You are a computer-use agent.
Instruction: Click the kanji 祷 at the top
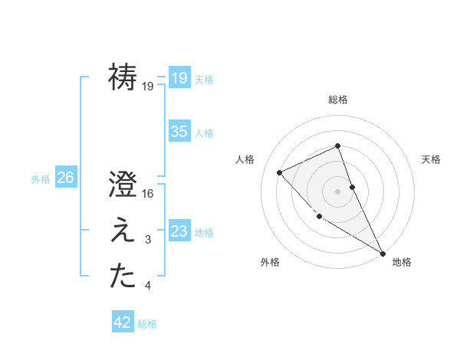pyautogui.click(x=123, y=77)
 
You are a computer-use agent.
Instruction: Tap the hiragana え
pyautogui.click(x=123, y=231)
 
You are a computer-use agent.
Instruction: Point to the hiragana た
pyautogui.click(x=123, y=277)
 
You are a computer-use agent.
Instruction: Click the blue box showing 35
pyautogui.click(x=179, y=132)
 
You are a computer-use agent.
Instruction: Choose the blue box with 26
pyautogui.click(x=65, y=178)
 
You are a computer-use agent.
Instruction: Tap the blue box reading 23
pyautogui.click(x=179, y=231)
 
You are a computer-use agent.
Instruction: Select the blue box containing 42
pyautogui.click(x=123, y=322)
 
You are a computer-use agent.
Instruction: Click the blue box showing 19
pyautogui.click(x=179, y=77)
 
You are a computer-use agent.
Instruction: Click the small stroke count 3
pyautogui.click(x=148, y=241)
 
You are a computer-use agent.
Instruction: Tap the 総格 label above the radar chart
pyautogui.click(x=338, y=100)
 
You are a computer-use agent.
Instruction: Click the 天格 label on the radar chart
pyautogui.click(x=432, y=159)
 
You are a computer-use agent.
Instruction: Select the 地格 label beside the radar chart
pyautogui.click(x=402, y=262)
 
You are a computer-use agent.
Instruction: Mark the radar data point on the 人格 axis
pyautogui.click(x=280, y=172)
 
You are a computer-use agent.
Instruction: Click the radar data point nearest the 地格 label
pyautogui.click(x=383, y=253)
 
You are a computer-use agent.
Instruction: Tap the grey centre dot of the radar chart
pyautogui.click(x=338, y=191)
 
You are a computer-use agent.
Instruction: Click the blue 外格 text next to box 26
pyautogui.click(x=41, y=179)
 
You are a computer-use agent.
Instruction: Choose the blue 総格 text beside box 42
pyautogui.click(x=147, y=324)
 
